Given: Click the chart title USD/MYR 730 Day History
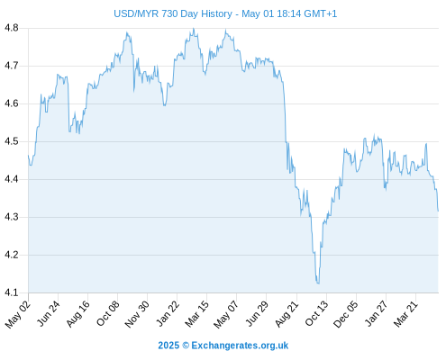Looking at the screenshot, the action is coord(173,13).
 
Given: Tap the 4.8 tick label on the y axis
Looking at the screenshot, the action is coord(12,28).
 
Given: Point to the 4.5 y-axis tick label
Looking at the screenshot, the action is coord(12,141).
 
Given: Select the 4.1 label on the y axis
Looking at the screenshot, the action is coord(12,292).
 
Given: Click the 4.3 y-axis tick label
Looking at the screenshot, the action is coord(12,217).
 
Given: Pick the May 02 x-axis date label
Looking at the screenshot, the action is coord(18,314).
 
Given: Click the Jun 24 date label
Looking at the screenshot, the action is coord(49,313).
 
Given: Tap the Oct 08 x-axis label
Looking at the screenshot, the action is coord(108,313).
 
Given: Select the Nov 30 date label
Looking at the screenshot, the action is coord(137,314).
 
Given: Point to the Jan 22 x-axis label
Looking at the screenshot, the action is coord(168,313).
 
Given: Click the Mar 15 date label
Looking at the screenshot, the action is coord(197,314).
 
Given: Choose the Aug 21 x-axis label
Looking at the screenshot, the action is coord(287,314).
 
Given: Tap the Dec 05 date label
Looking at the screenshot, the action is coord(346,314).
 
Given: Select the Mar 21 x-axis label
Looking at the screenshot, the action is coord(405,314).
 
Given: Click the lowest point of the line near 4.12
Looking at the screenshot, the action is coord(318,283).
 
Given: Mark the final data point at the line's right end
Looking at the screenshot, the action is coord(438,211).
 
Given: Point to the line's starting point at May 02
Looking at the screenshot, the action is coord(29,155).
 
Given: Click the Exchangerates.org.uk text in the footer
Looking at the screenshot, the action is coord(240,346).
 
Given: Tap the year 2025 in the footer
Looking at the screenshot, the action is coord(168,346).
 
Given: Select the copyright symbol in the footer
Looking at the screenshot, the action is coord(186,346).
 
